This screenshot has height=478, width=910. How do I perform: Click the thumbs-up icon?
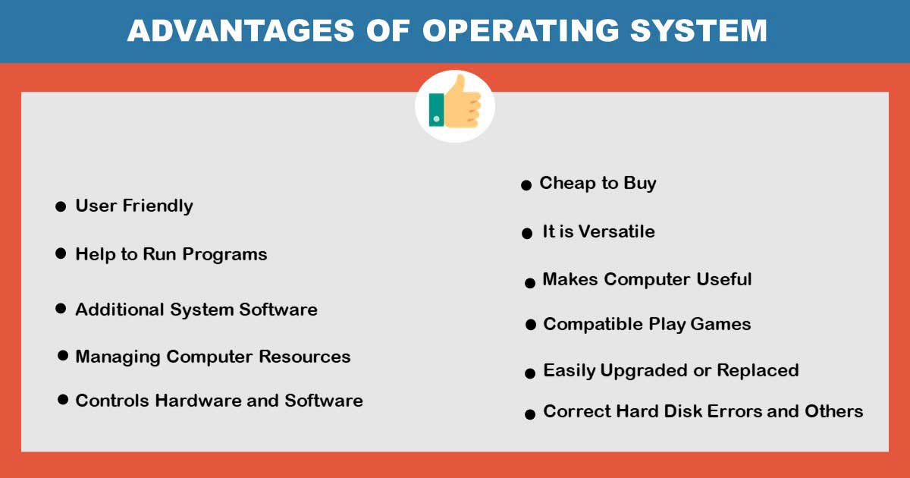pos(455,107)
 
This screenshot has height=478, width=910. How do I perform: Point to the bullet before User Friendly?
pos(61,206)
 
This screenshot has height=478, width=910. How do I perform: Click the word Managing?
pos(118,357)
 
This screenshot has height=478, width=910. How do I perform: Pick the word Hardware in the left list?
pos(198,401)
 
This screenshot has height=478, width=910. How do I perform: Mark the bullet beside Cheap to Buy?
pos(526,185)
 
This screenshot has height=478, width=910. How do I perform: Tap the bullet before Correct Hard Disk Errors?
pos(530,414)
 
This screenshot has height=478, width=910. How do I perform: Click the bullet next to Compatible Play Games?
pos(530,325)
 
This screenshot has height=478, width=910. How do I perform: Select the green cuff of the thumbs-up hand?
pos(436,110)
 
